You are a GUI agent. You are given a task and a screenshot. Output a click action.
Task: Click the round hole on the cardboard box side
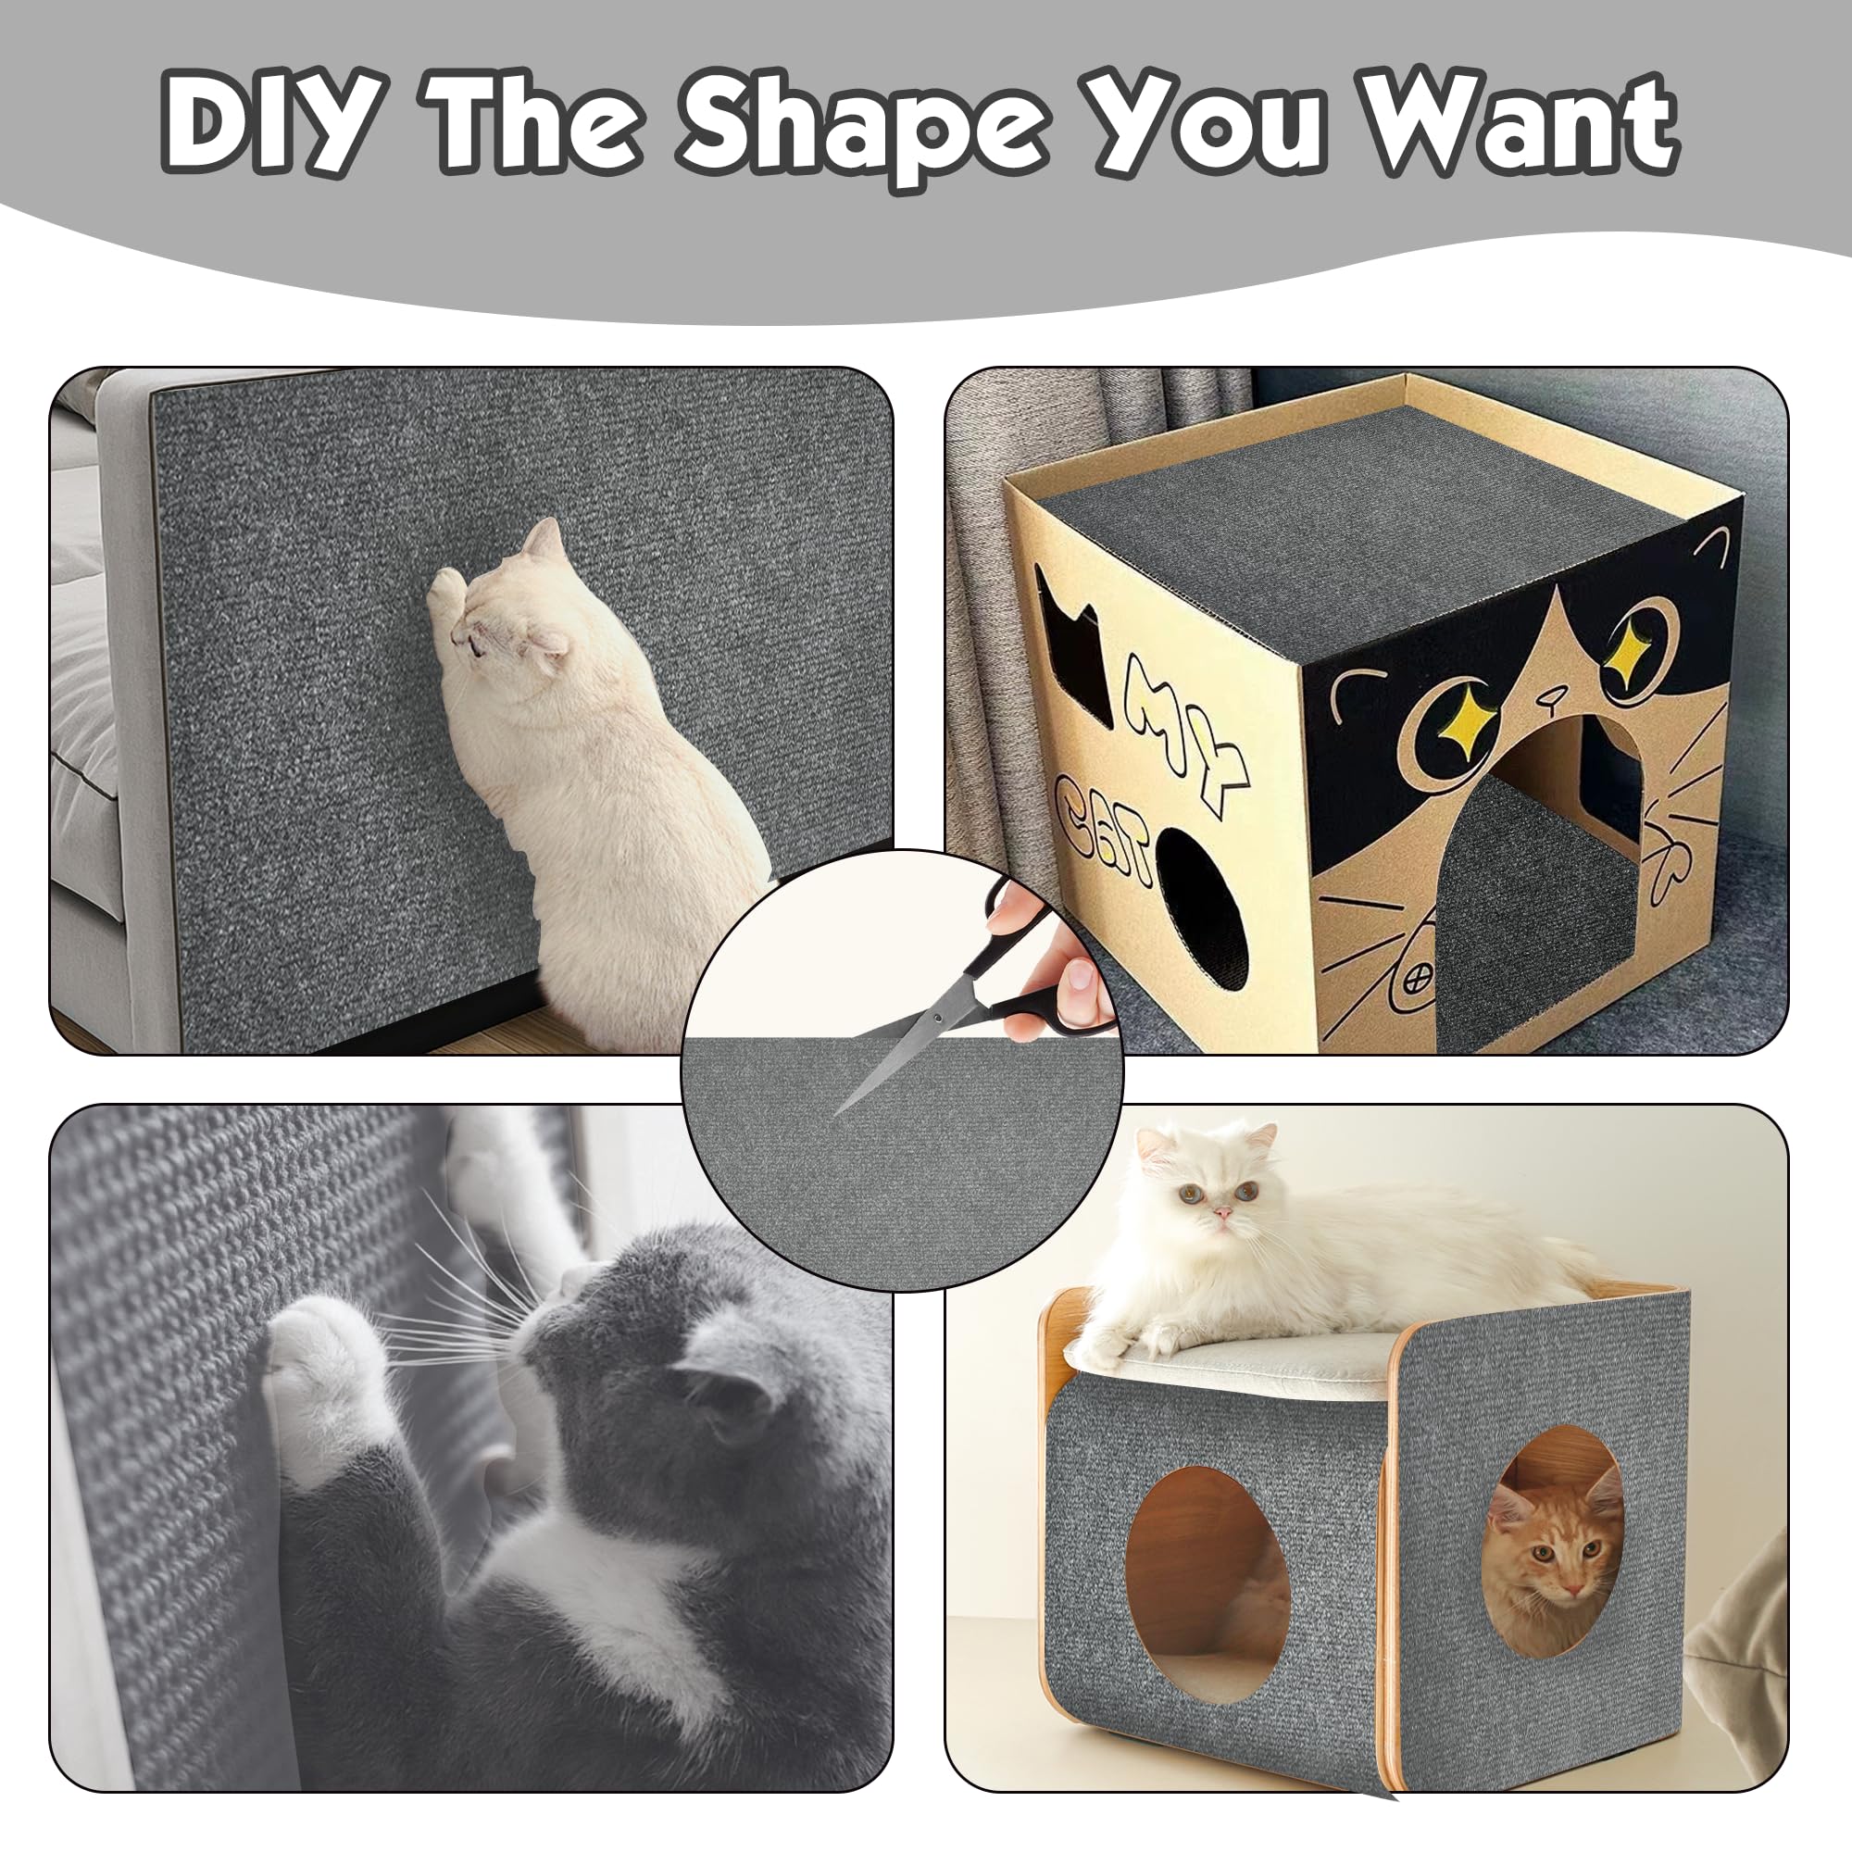1202,908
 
